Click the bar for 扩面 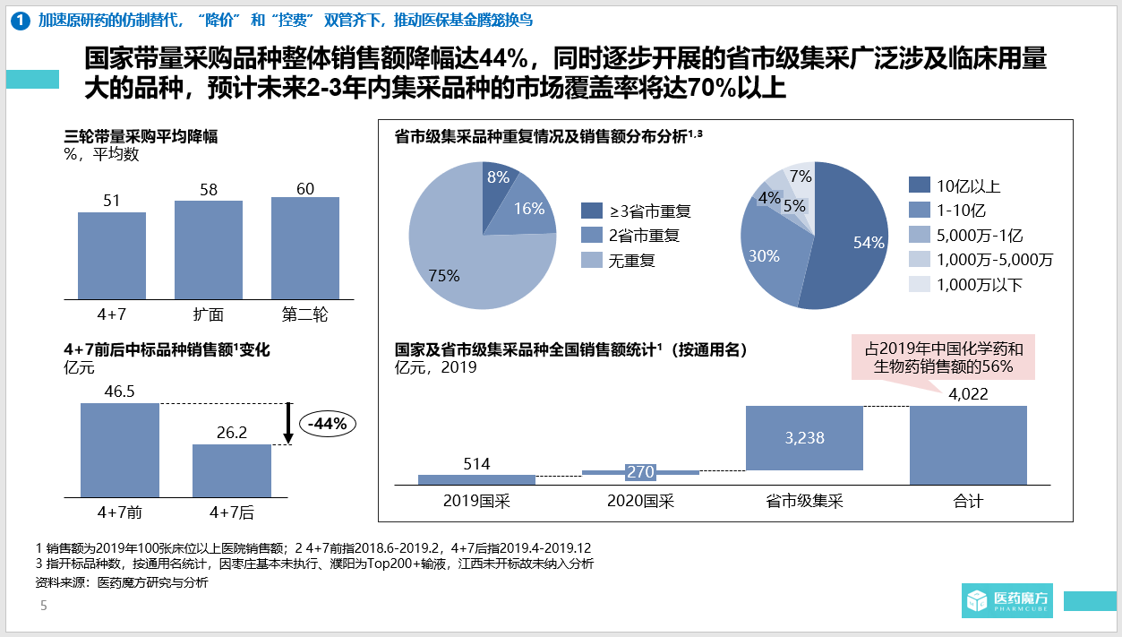209,249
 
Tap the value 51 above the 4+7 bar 112,201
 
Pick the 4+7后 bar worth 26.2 232,470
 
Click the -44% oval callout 327,425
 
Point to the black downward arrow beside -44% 288,423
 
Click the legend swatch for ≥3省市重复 592,211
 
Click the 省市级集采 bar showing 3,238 804,438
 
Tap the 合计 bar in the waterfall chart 968,445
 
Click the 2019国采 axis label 476,501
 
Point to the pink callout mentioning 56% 943,357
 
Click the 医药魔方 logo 1007,598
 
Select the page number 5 43,607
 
